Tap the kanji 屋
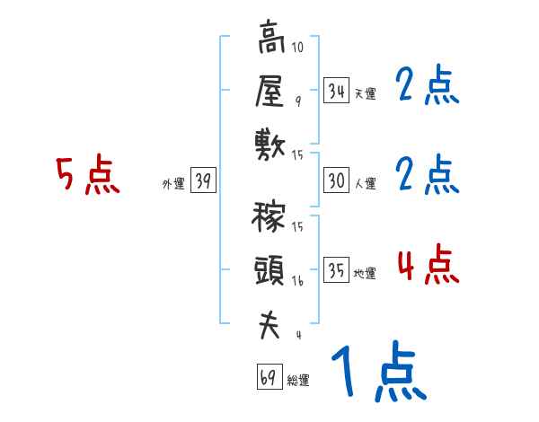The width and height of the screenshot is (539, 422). [270, 91]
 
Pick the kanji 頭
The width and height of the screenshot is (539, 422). [270, 269]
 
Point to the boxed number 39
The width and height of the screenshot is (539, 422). [203, 181]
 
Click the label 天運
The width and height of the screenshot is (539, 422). [365, 93]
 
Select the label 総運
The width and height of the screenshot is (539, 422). [298, 380]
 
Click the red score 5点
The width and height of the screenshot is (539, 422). [87, 175]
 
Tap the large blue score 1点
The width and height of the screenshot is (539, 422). [377, 373]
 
